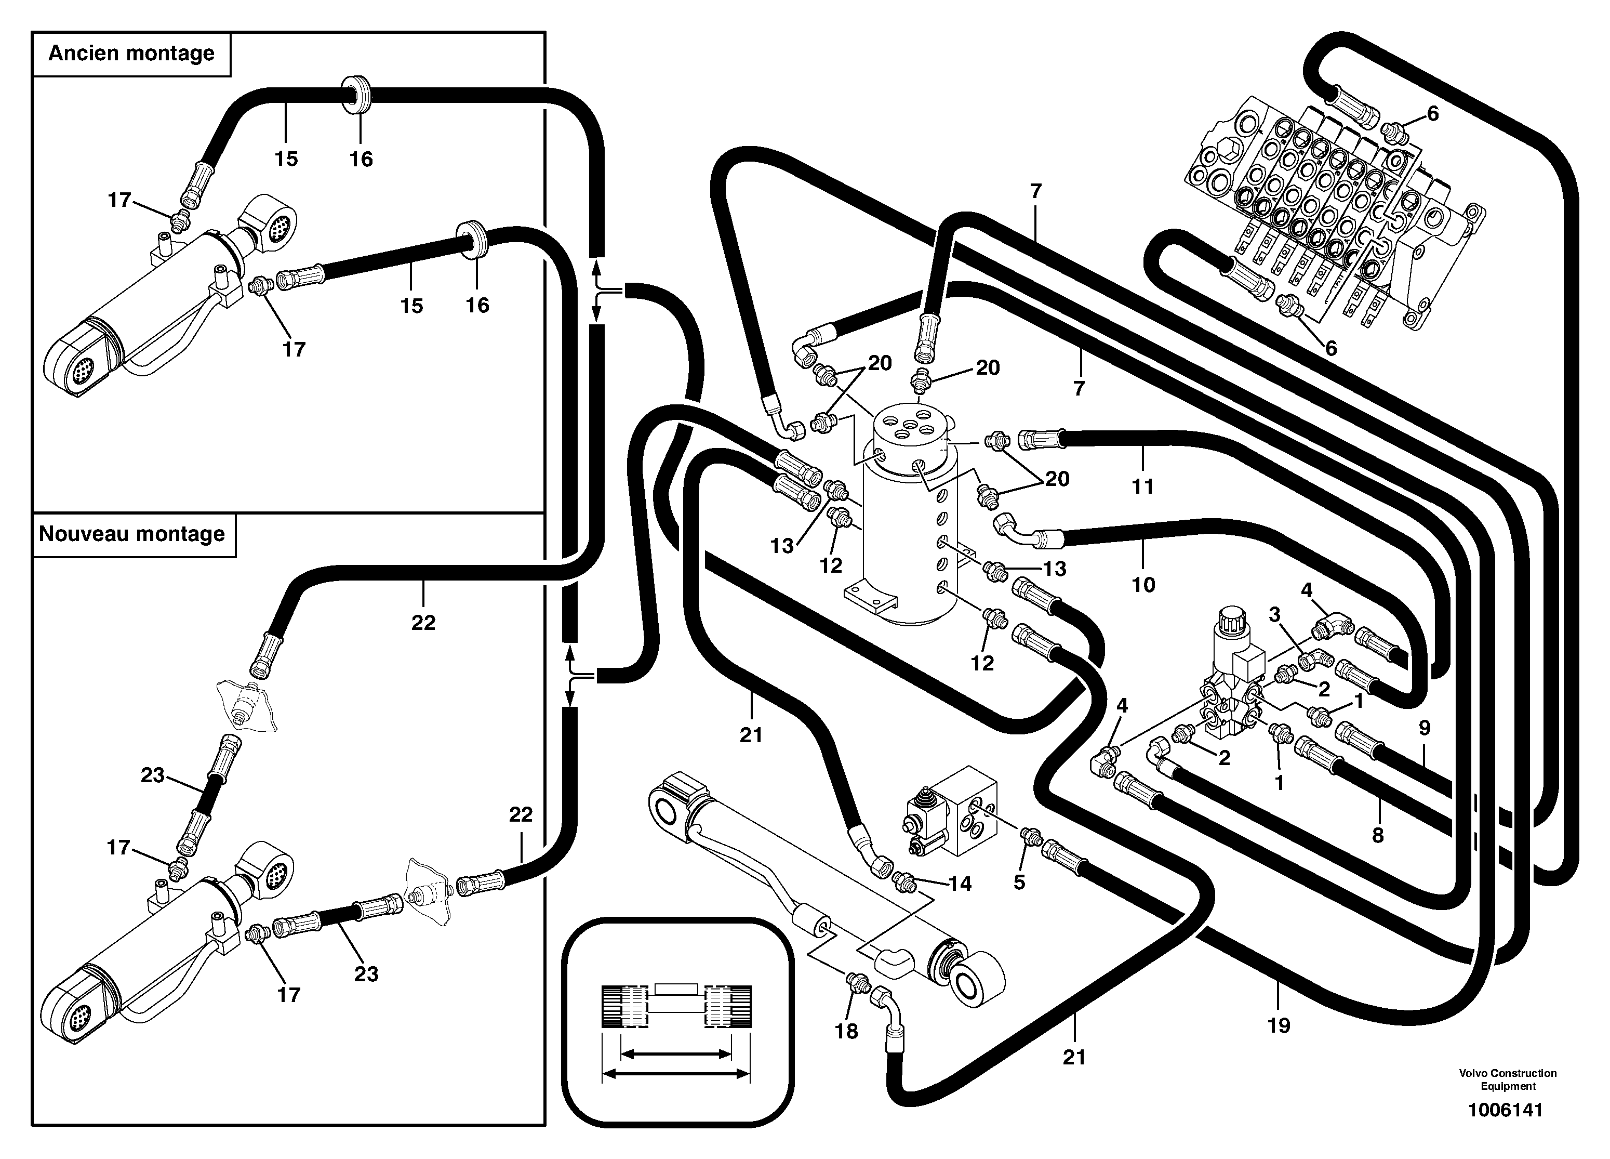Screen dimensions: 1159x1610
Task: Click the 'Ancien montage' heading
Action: click(x=131, y=53)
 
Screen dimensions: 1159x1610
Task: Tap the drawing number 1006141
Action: click(x=1506, y=1109)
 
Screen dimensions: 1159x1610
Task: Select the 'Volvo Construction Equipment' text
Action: click(x=1508, y=1079)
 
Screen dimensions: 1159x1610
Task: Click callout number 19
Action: click(x=1279, y=1025)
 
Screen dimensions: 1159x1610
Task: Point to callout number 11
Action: click(x=1142, y=486)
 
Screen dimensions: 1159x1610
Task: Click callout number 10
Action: click(x=1143, y=585)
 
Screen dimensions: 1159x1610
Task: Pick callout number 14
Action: click(x=960, y=884)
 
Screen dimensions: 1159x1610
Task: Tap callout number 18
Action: click(x=846, y=1031)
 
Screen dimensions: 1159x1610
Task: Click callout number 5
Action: click(x=1019, y=882)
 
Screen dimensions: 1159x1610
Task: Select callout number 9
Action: click(x=1425, y=727)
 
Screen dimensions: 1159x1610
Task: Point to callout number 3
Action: click(x=1274, y=614)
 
